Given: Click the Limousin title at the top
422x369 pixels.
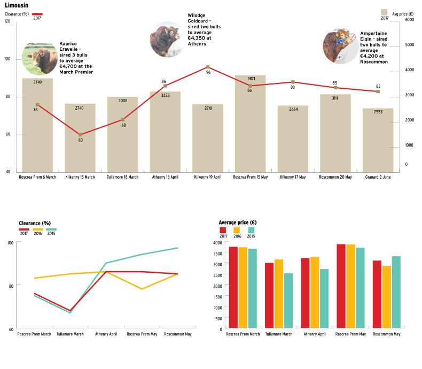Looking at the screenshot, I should point(17,5).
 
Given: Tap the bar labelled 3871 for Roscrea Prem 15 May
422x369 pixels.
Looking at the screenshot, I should point(250,123).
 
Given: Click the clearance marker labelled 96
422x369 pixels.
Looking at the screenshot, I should point(207,67).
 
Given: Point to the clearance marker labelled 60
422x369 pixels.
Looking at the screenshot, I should point(80,135).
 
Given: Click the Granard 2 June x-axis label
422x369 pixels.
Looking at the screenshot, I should point(378,177).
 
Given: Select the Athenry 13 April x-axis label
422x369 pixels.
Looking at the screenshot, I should point(165,177).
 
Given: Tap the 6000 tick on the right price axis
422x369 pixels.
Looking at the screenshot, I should point(410,20).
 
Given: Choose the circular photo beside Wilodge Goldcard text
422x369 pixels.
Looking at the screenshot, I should point(167,40).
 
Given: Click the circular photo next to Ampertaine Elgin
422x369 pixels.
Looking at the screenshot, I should point(340,47).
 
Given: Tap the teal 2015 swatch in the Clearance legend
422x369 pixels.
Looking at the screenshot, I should point(51,229).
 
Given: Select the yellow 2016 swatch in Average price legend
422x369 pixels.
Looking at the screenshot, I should point(237,230).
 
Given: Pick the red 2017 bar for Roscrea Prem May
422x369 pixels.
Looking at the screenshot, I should point(341,287).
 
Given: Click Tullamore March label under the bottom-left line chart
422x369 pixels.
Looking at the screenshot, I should point(71,334).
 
